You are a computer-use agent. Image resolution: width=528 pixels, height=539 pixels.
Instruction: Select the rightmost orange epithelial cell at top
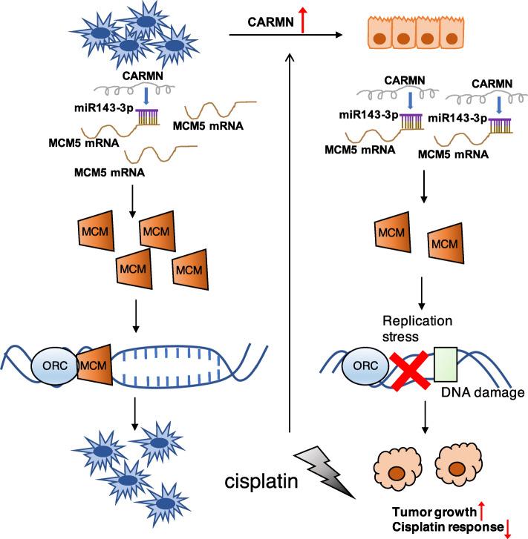pyautogui.click(x=450, y=36)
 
